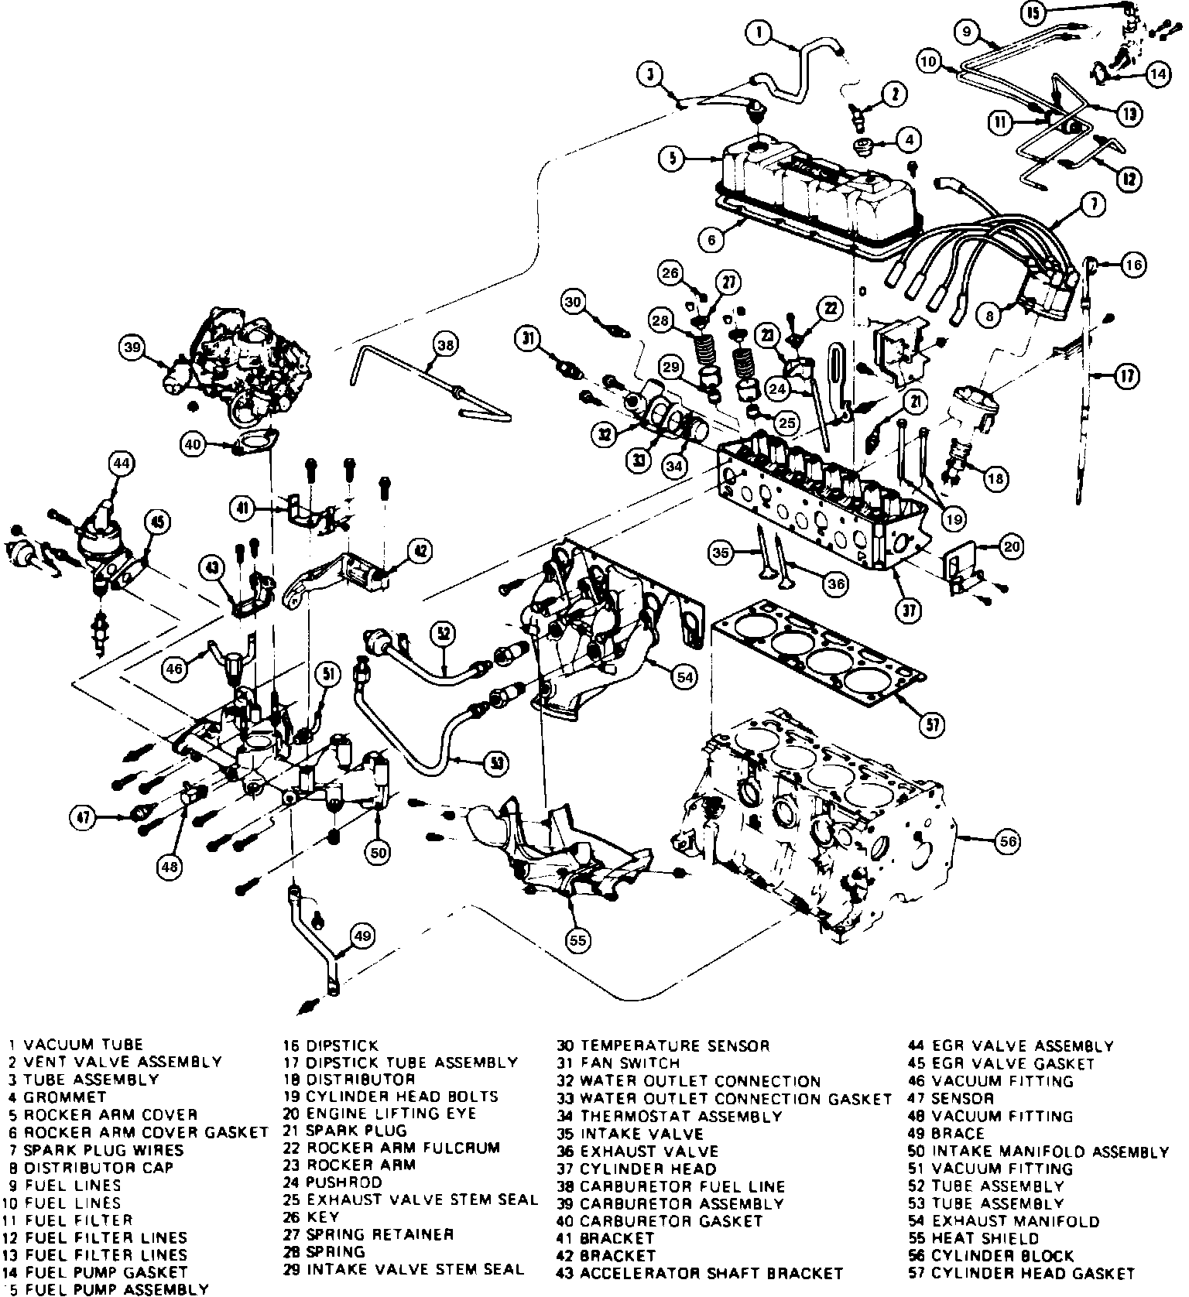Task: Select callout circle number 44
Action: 121,464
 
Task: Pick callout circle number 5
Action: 673,159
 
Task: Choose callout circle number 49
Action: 362,936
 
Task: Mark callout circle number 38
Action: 446,345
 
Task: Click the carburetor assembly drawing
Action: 232,364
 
